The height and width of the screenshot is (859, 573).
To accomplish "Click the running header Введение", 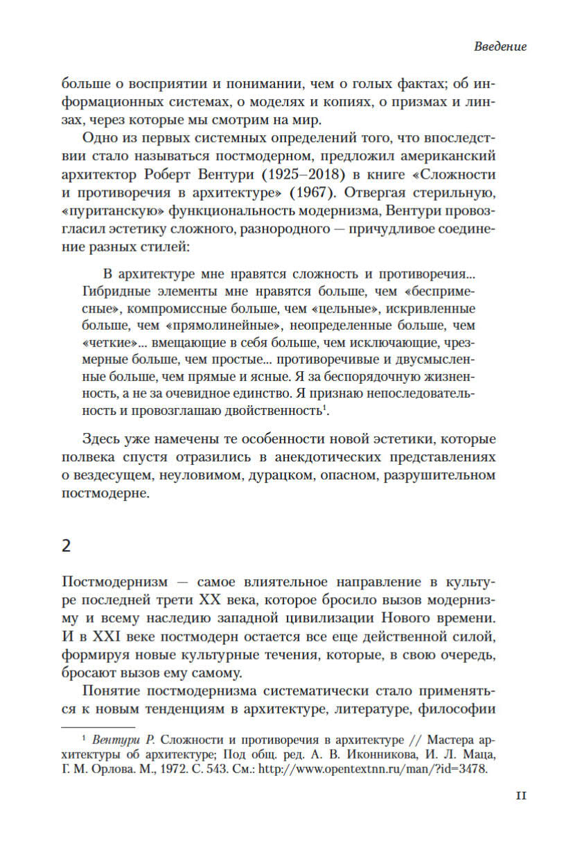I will point(500,47).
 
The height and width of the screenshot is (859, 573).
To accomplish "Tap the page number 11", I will point(521,796).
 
